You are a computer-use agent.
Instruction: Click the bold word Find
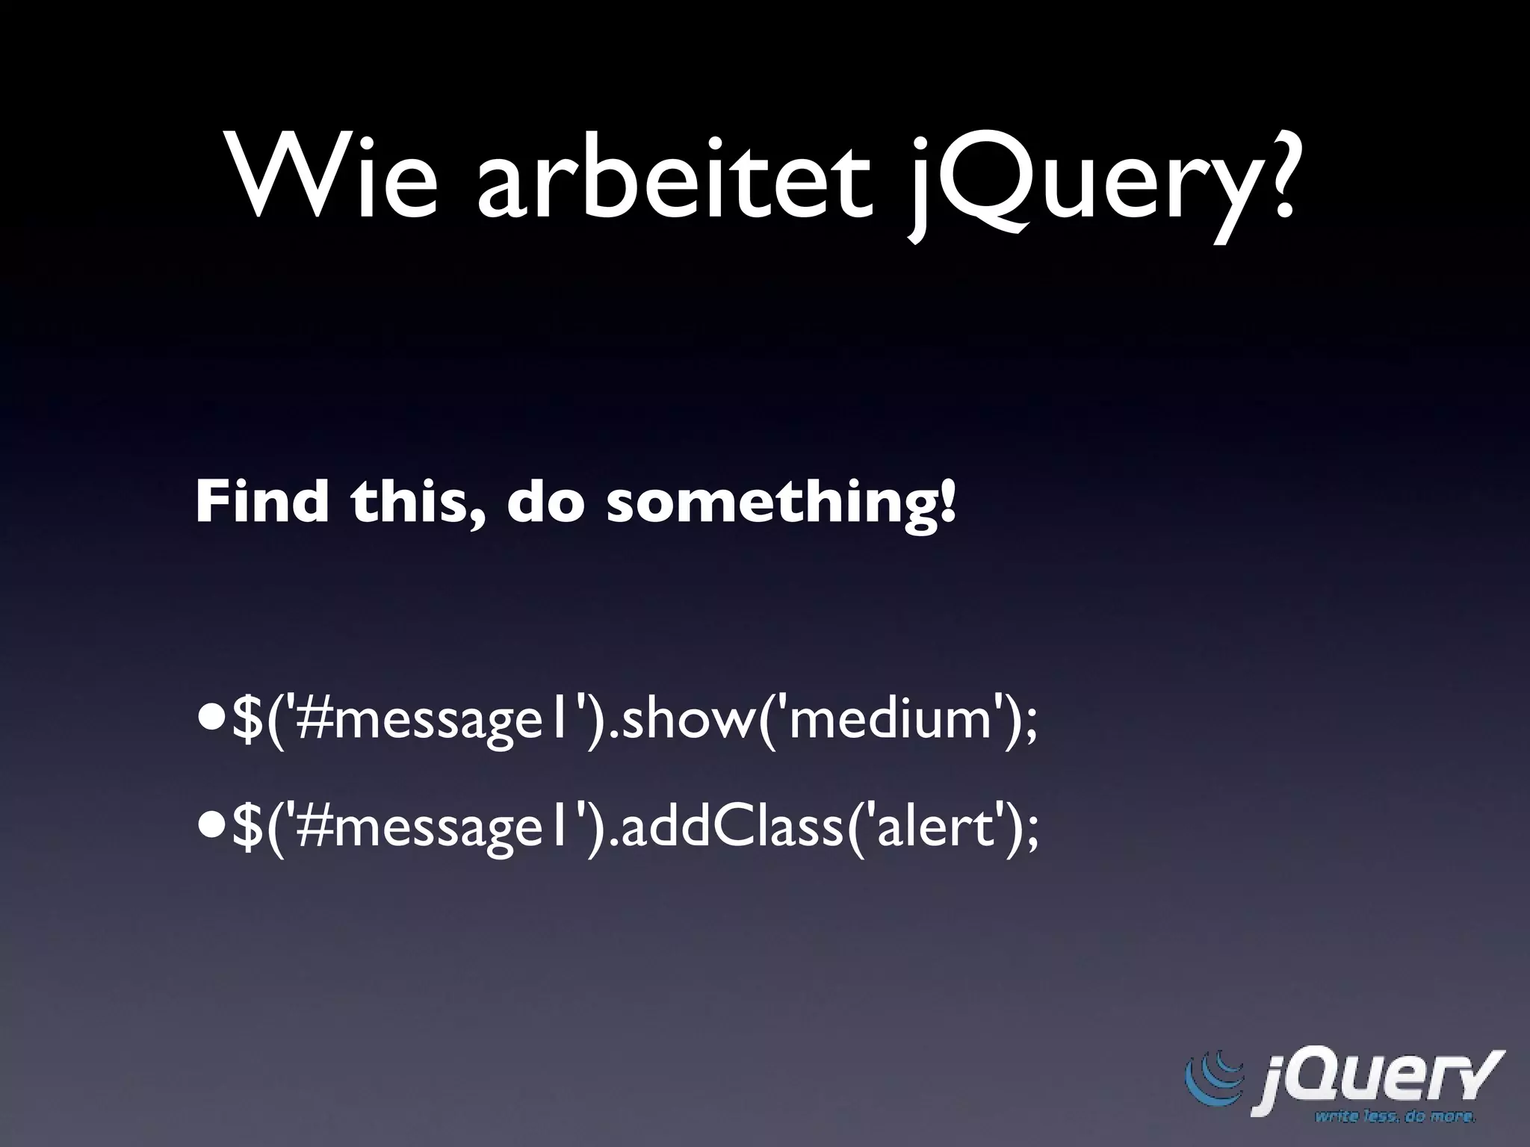pos(261,502)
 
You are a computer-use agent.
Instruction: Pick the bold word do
pos(545,502)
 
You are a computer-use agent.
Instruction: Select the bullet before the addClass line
pos(211,830)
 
